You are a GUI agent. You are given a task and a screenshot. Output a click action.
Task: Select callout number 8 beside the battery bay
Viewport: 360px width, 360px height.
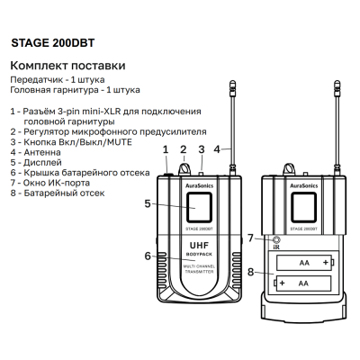tap(252, 272)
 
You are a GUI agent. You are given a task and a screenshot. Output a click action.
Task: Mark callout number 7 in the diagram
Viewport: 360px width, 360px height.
tap(252, 238)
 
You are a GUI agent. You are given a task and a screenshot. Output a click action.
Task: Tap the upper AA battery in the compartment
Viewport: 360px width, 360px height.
tap(303, 262)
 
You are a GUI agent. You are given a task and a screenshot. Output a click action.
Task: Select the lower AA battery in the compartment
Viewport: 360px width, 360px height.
tap(303, 283)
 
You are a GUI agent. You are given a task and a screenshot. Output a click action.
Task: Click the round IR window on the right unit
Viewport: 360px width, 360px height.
tap(276, 238)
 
